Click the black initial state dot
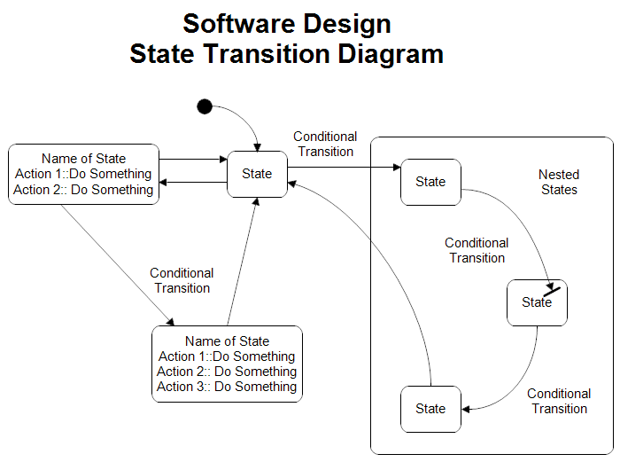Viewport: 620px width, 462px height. tap(205, 107)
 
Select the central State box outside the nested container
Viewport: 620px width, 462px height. tap(257, 174)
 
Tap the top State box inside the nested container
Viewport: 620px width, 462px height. tap(430, 182)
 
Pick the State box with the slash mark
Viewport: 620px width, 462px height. tap(537, 302)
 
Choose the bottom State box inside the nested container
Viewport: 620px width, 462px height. tap(430, 409)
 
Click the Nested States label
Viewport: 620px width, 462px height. tap(558, 182)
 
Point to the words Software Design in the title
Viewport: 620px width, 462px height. tap(286, 23)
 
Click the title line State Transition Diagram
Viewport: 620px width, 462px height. tap(286, 54)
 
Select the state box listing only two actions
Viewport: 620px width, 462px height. tap(84, 174)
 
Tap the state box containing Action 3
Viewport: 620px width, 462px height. tap(227, 364)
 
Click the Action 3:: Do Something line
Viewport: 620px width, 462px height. tap(227, 387)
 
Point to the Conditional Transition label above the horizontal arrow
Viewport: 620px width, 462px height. tap(325, 144)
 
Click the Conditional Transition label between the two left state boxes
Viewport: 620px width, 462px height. tap(182, 280)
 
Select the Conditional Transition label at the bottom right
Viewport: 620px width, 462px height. tap(559, 401)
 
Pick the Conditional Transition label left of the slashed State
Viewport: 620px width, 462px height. tap(477, 250)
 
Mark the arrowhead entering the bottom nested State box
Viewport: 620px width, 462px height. tap(466, 409)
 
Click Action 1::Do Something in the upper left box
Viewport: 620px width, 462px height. tap(84, 174)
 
